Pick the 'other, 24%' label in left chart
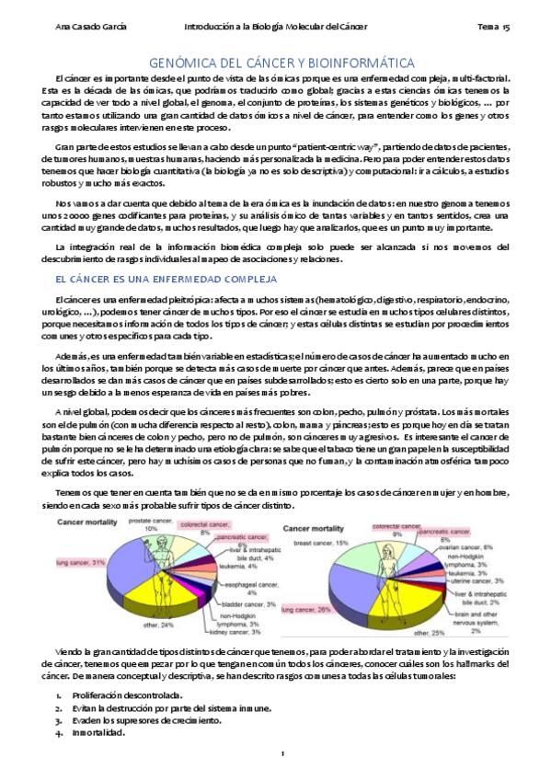tap(166, 625)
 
